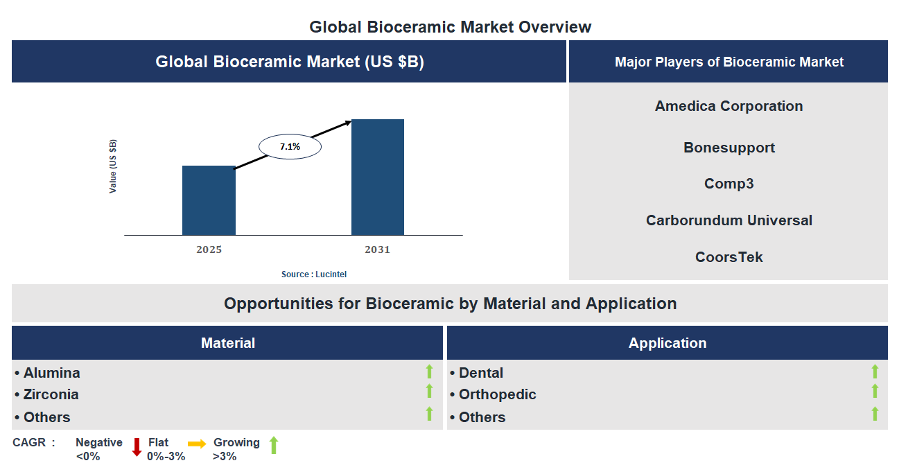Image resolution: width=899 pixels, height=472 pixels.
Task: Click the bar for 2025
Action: point(209,200)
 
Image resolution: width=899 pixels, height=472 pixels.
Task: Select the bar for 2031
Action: point(378,177)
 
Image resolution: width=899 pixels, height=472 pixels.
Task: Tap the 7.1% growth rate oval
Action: point(290,147)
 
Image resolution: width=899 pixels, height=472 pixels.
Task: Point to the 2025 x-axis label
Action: point(209,250)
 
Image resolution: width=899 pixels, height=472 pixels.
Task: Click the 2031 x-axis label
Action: point(378,250)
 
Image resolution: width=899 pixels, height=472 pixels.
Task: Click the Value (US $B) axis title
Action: point(113,166)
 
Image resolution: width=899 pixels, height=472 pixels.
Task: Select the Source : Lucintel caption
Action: point(314,274)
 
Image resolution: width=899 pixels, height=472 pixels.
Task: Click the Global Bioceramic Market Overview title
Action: point(450,27)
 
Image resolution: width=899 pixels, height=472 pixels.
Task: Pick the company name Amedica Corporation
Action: point(728,106)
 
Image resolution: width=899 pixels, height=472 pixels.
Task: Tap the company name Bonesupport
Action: point(728,148)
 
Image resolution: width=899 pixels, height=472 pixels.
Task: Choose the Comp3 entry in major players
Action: point(728,184)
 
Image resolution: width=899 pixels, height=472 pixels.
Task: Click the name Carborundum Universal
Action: point(728,220)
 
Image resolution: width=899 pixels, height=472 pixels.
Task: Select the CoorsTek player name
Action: point(728,257)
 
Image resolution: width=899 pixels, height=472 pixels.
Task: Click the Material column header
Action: point(227,343)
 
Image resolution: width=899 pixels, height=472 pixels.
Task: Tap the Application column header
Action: point(667,343)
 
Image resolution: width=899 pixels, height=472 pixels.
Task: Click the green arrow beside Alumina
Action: point(429,372)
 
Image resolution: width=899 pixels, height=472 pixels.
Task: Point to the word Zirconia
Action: point(51,394)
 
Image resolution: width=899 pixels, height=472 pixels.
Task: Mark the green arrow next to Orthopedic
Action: point(875,392)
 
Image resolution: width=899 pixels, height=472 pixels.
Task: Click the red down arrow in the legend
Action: point(137,447)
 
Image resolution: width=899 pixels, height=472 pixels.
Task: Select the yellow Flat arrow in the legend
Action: point(197,444)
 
